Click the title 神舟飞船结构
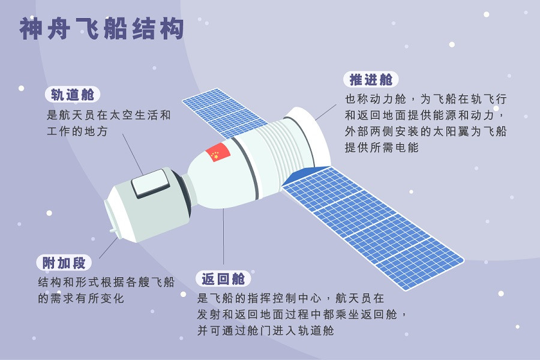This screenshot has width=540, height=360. [101, 28]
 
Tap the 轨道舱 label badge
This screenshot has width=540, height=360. [73, 95]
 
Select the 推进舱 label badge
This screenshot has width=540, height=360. [371, 79]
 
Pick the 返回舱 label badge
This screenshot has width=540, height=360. [223, 279]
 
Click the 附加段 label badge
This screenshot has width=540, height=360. [64, 262]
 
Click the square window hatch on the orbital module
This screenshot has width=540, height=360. [150, 183]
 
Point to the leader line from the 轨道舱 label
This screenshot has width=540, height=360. [133, 154]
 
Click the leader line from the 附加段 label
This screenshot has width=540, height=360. [109, 247]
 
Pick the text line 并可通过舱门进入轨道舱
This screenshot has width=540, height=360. [265, 330]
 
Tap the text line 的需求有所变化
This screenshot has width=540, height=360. [81, 298]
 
